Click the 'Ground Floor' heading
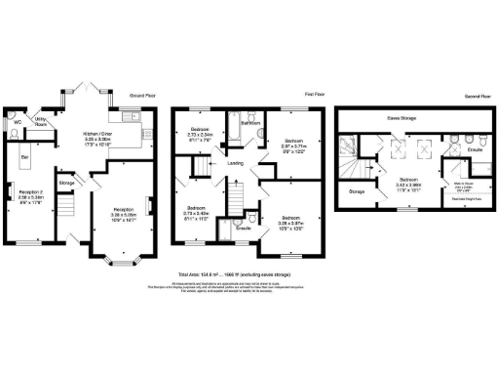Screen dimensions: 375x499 pyautogui.click(x=144, y=96)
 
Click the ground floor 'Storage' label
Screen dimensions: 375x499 pyautogui.click(x=66, y=182)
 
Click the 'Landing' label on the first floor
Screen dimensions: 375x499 pyautogui.click(x=236, y=163)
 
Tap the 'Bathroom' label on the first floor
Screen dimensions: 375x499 pyautogui.click(x=249, y=123)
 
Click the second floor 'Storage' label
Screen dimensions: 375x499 pyautogui.click(x=357, y=191)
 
